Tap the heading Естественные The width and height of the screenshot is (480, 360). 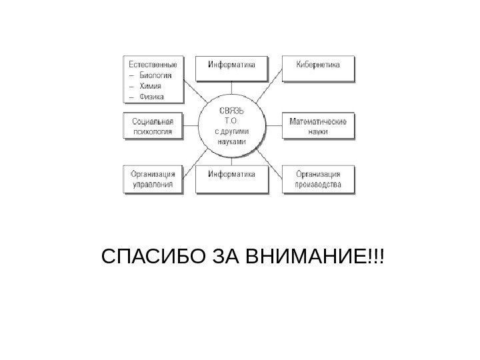(153, 65)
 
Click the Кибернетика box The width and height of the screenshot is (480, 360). (318, 65)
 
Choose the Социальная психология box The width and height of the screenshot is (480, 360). (153, 126)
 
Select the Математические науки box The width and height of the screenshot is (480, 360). (318, 126)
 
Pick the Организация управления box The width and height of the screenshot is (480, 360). (153, 180)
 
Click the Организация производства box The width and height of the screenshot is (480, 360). (318, 180)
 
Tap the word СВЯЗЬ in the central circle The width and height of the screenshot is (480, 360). (232, 111)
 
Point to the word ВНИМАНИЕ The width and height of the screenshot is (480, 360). (314, 257)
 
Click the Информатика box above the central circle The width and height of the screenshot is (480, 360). (232, 65)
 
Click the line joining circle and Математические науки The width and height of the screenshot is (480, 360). (275, 126)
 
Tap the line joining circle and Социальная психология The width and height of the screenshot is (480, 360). (191, 126)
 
